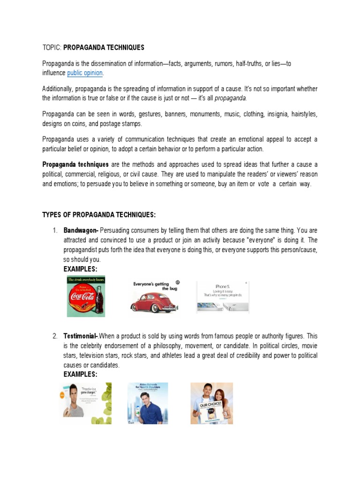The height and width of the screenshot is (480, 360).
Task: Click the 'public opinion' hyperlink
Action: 85,73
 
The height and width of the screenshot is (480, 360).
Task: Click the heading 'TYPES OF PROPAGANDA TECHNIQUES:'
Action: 99,215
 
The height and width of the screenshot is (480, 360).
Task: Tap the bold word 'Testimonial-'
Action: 81,336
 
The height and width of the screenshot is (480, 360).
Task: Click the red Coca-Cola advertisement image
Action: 86,296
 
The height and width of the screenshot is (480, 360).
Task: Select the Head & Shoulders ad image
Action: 148,403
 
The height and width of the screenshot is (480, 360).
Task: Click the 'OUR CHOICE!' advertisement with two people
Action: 211,403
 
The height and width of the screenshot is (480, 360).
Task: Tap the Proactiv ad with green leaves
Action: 87,400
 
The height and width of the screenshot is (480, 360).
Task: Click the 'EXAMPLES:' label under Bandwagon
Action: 80,269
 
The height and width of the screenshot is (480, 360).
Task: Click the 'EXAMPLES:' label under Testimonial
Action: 80,375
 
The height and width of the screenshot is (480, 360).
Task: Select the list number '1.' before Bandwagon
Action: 55,230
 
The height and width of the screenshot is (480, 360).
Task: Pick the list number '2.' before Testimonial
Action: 55,336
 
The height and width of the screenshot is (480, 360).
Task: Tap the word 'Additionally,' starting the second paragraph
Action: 58,89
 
